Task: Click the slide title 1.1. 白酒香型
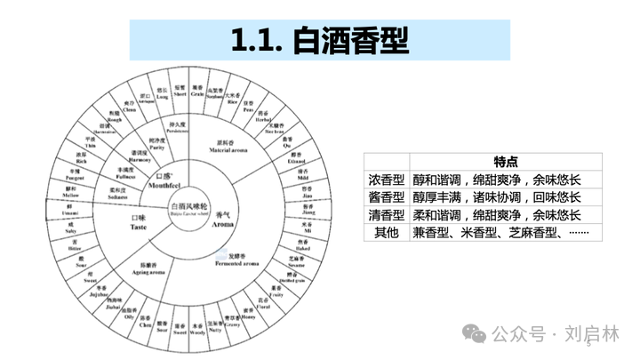320,40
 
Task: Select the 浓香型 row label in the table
387,178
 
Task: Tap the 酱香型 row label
387,196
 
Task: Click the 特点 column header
506,159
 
